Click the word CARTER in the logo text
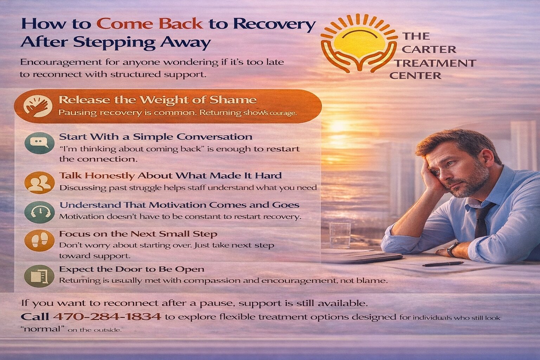click(x=429, y=49)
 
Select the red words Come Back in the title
click(x=150, y=24)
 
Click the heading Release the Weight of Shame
click(x=157, y=100)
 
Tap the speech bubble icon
click(x=39, y=142)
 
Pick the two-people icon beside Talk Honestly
click(x=39, y=182)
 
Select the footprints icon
click(x=39, y=241)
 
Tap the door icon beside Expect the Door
click(x=39, y=276)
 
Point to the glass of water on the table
click(x=340, y=236)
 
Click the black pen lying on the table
click(x=443, y=264)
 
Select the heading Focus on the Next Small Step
click(x=138, y=234)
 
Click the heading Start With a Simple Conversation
click(x=156, y=137)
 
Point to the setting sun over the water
click(x=339, y=126)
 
